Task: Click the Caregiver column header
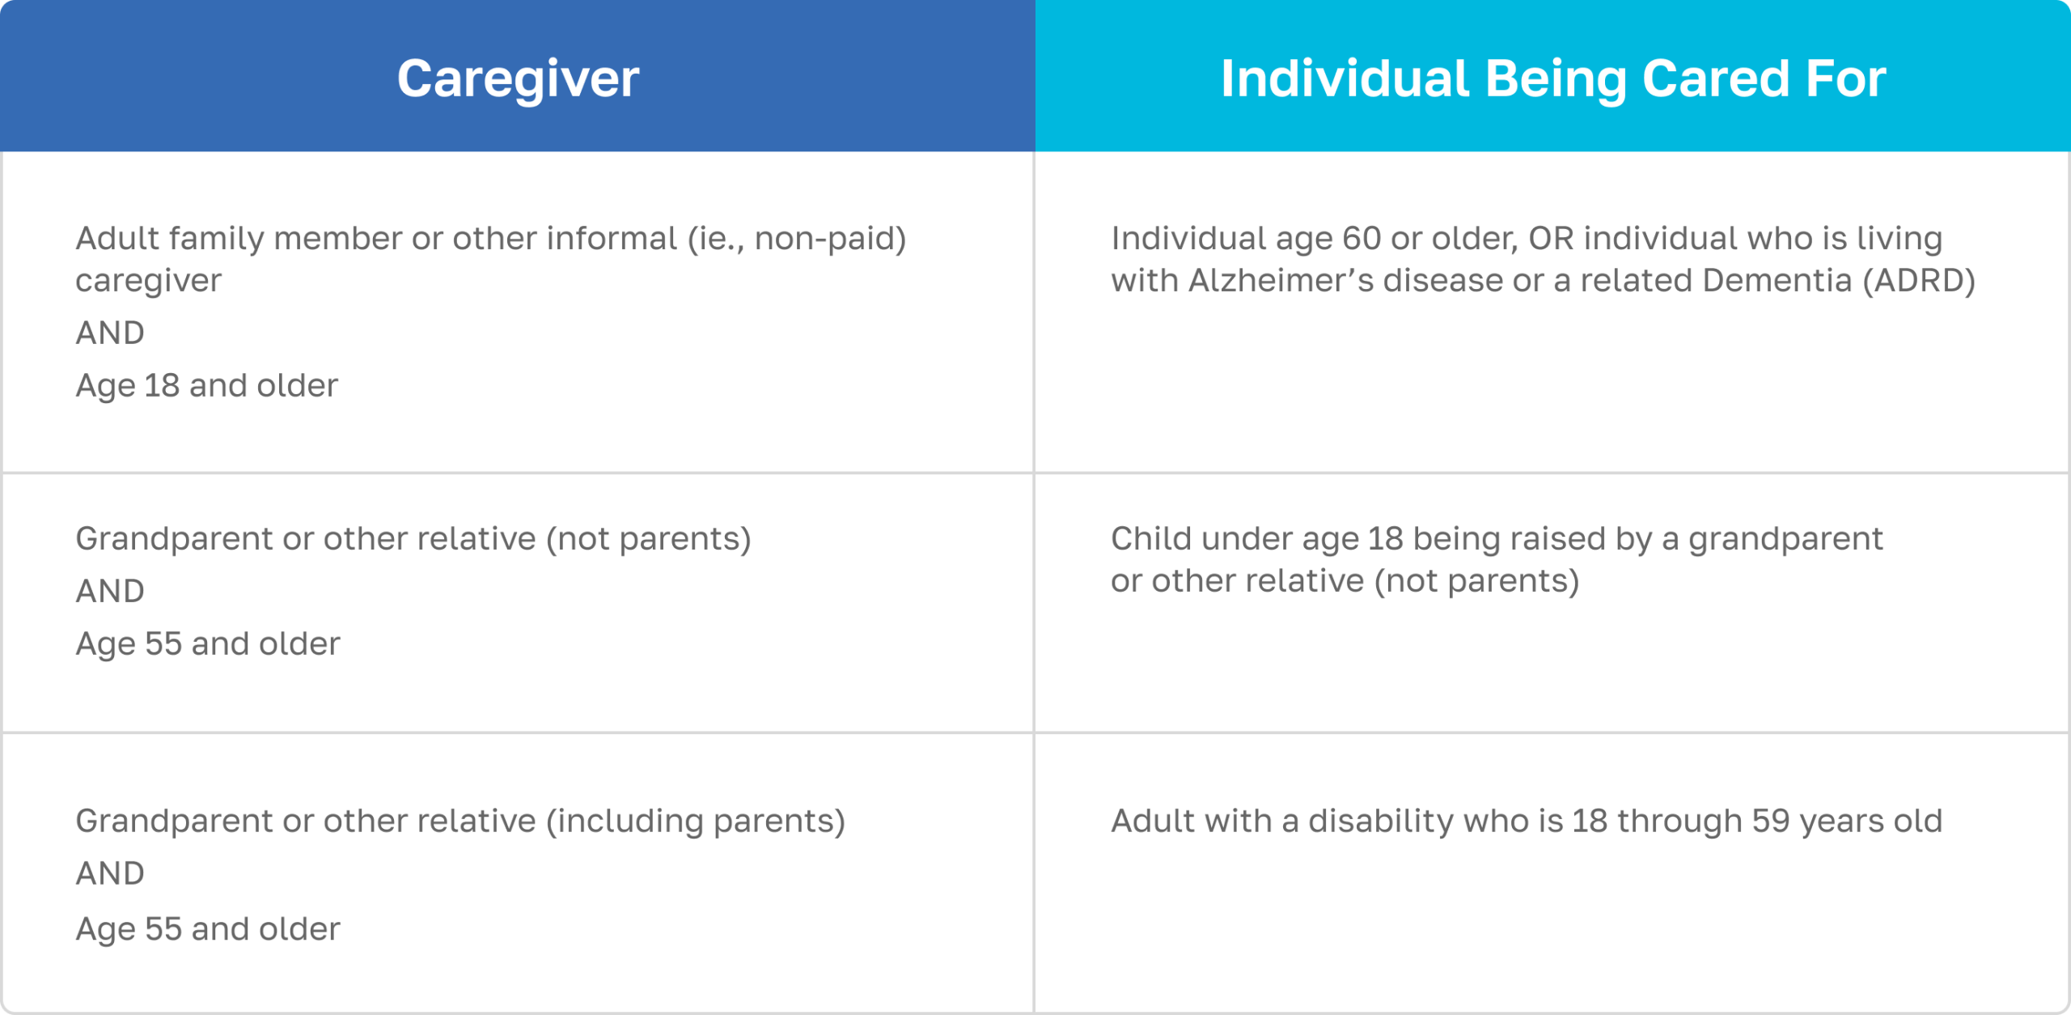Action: point(518,79)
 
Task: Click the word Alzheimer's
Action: point(1281,280)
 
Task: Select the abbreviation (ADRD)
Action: point(1919,281)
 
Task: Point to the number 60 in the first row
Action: point(1362,239)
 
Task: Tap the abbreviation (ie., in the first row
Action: point(715,240)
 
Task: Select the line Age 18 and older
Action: point(206,386)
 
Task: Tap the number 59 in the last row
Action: point(1771,822)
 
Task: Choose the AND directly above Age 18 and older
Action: point(110,333)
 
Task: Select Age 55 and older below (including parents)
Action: point(208,929)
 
